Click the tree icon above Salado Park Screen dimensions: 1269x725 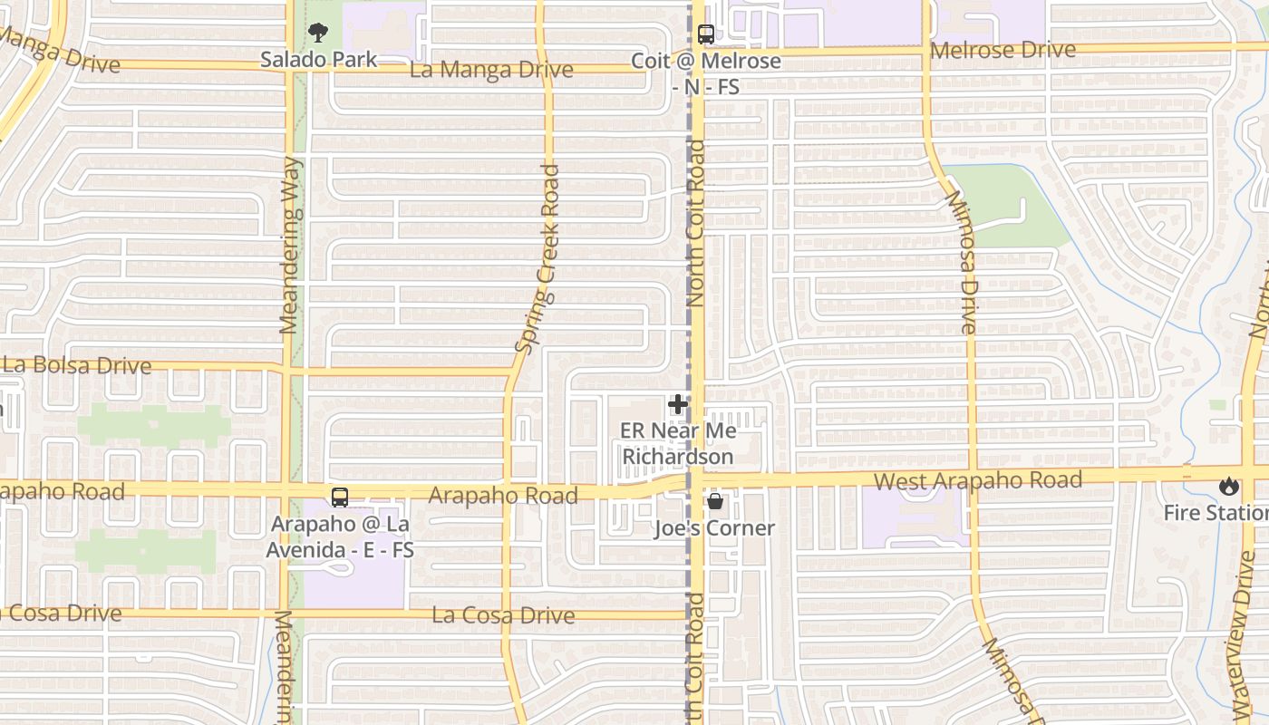318,34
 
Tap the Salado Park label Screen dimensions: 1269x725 318,60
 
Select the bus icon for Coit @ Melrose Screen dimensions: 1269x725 705,35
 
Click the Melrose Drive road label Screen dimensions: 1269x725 1003,50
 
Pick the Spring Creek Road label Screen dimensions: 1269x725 538,258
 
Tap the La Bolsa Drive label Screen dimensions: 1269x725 76,365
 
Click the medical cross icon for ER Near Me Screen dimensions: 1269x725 677,405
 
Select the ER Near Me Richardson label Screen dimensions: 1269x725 677,444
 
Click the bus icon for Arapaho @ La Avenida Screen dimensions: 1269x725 340,498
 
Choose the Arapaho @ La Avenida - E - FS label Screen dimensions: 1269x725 340,536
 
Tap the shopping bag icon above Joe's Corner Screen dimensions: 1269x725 714,501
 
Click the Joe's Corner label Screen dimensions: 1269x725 714,528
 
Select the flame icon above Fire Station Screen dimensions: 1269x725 1228,487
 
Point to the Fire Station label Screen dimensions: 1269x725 1216,513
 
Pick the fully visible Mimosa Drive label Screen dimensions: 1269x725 960,262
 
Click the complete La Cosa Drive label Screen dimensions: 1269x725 503,615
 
